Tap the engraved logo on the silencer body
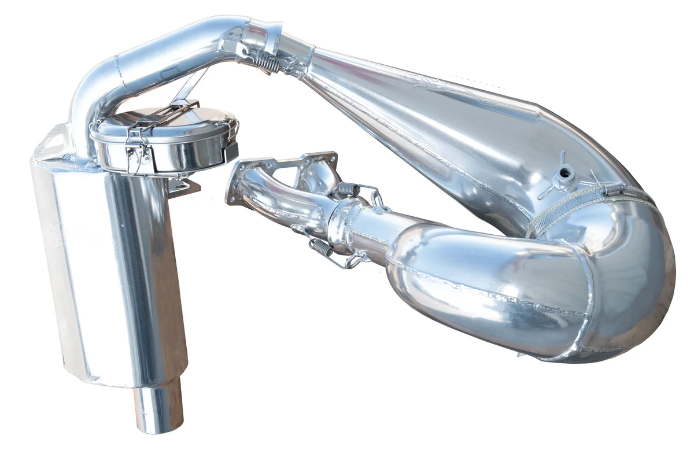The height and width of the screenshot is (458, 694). pyautogui.click(x=58, y=231)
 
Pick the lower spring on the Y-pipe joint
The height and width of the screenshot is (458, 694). pyautogui.click(x=322, y=248)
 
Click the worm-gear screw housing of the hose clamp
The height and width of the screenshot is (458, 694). pyautogui.click(x=615, y=188)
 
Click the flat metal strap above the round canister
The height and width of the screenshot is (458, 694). pyautogui.click(x=191, y=87)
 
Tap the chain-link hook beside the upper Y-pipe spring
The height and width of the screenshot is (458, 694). pyautogui.click(x=379, y=200)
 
